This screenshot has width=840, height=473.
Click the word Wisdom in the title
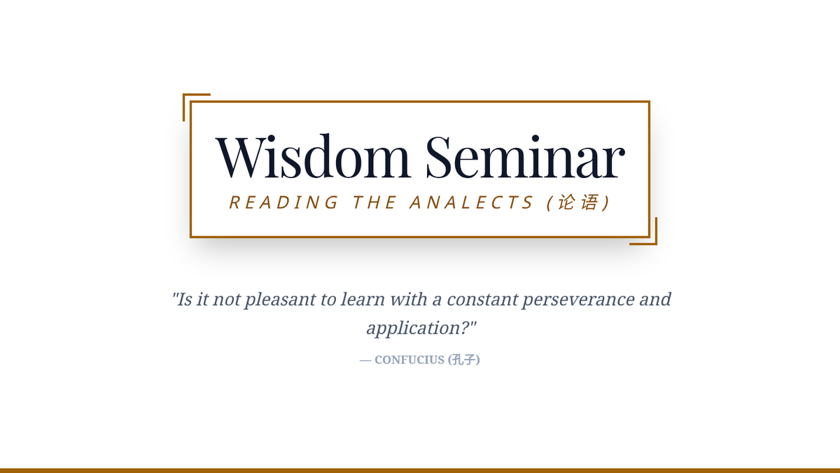[x=313, y=156]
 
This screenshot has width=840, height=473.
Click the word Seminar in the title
[x=525, y=156]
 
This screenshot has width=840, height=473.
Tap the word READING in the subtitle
[x=283, y=203]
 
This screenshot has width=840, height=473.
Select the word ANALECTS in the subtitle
[x=471, y=203]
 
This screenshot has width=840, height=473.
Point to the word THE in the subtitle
[x=374, y=203]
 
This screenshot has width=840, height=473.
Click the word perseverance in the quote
[x=578, y=301]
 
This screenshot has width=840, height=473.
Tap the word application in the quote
[x=413, y=329]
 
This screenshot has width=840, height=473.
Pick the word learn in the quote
[x=363, y=300]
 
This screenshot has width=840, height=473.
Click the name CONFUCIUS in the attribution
[x=409, y=360]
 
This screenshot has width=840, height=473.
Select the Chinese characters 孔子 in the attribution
[x=463, y=359]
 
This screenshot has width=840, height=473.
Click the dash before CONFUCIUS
[x=365, y=361]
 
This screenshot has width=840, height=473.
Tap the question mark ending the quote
[x=465, y=328]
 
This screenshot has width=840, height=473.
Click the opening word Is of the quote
[x=185, y=300]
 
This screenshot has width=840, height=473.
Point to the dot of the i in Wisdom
[x=270, y=138]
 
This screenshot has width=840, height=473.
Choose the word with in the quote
[x=409, y=300]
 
